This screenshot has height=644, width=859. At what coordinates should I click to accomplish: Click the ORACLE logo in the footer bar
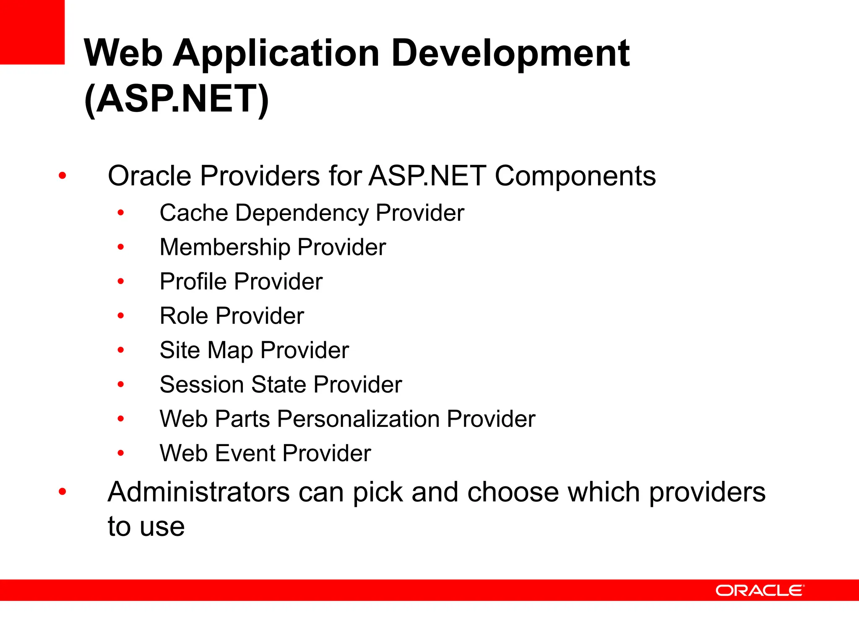[760, 590]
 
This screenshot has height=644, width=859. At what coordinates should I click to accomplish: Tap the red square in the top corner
[32, 32]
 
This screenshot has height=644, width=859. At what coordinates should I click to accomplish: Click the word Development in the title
[510, 54]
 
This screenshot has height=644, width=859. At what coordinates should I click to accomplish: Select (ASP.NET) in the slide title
[176, 100]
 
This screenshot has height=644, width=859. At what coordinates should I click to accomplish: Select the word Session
[202, 384]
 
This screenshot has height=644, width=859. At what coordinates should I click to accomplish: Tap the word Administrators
[198, 492]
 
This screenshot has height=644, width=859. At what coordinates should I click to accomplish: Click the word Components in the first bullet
[575, 176]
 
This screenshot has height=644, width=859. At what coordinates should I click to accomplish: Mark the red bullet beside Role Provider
[121, 316]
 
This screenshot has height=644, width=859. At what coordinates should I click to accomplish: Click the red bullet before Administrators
[62, 491]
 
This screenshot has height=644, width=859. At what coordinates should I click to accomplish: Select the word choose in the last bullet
[513, 492]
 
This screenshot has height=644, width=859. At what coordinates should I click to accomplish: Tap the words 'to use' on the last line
[146, 527]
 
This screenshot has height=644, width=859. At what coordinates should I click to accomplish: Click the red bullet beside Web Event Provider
[121, 453]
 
